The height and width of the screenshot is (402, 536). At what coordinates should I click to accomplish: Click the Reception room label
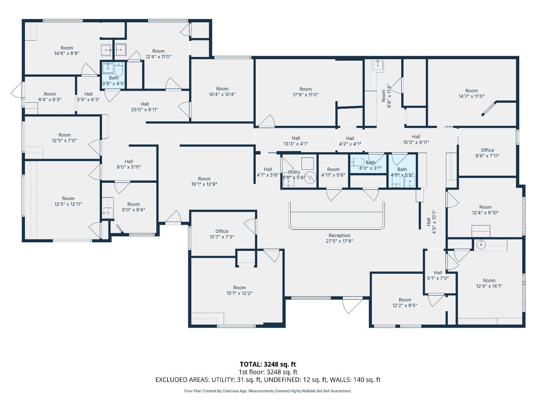(339, 238)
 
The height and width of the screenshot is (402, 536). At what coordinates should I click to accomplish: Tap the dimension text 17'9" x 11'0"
(305, 95)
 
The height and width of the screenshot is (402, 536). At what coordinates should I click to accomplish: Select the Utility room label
(294, 172)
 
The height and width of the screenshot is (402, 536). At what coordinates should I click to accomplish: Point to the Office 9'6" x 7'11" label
(487, 153)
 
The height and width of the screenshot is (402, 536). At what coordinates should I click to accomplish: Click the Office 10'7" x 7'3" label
(222, 234)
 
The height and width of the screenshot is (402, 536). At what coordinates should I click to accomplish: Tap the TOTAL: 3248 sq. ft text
(268, 364)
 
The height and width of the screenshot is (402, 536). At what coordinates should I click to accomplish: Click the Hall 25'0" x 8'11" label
(144, 107)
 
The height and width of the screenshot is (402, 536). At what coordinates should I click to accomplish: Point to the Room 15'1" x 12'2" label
(239, 290)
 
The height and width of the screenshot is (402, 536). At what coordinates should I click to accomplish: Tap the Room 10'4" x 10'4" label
(222, 92)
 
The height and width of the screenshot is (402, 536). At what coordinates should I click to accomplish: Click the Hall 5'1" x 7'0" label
(438, 275)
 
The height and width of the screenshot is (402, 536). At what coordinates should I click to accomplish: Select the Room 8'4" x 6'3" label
(50, 97)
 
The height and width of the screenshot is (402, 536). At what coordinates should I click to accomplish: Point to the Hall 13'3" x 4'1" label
(296, 141)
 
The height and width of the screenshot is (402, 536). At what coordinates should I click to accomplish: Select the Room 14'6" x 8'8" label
(67, 50)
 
